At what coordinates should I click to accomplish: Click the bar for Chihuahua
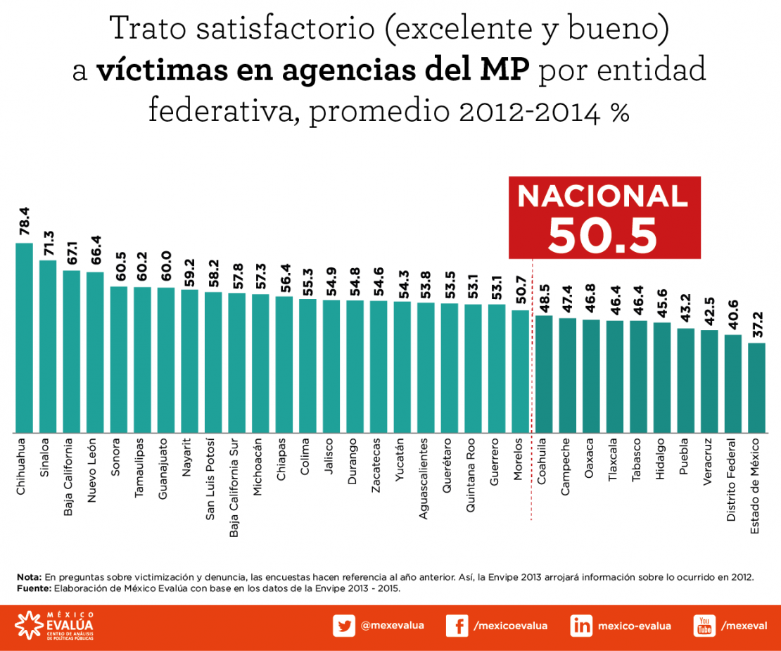click(x=24, y=338)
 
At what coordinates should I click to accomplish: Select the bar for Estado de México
click(x=756, y=388)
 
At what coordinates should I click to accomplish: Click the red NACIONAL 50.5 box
click(x=604, y=217)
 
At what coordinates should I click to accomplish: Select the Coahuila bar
click(x=543, y=374)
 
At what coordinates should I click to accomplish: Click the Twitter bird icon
click(x=344, y=626)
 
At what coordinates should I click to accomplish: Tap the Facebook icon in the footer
click(x=457, y=626)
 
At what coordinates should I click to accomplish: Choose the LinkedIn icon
click(x=581, y=626)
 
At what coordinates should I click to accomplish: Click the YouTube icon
click(x=704, y=626)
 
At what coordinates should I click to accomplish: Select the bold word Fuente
click(x=33, y=588)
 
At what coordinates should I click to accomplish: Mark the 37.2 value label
click(x=756, y=328)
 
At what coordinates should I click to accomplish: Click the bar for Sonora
click(x=119, y=359)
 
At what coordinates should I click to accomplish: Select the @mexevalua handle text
click(x=392, y=625)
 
